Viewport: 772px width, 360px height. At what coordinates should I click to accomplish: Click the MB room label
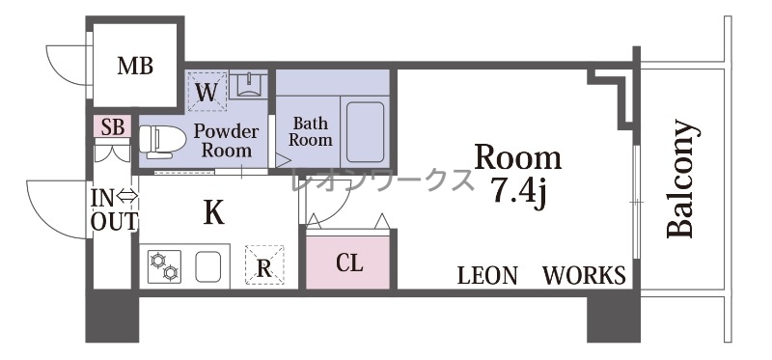point(135,66)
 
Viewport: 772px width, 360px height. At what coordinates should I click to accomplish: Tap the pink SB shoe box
point(112,126)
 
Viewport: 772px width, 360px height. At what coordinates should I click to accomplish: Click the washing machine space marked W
point(207,92)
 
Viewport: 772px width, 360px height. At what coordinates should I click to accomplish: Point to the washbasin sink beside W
point(248,85)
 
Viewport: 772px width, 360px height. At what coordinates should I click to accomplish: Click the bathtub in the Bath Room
point(365,132)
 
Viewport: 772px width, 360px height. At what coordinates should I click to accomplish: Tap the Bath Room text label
point(310,131)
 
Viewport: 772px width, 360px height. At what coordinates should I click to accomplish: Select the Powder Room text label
point(226,140)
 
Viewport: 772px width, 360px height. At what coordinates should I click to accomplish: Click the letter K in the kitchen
point(214,212)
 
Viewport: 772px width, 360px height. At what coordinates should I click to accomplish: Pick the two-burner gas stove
point(164,266)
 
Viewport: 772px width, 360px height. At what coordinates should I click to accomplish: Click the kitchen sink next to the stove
point(207,266)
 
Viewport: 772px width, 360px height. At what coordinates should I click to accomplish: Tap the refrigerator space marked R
point(264,264)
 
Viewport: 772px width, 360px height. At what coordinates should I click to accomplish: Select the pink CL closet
point(348,262)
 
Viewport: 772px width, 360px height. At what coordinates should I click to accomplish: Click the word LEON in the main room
point(487,275)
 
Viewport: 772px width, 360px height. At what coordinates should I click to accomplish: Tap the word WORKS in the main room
point(585,275)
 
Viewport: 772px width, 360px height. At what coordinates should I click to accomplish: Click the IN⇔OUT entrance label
point(114,209)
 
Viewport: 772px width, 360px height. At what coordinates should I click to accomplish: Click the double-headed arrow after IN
point(128,198)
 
